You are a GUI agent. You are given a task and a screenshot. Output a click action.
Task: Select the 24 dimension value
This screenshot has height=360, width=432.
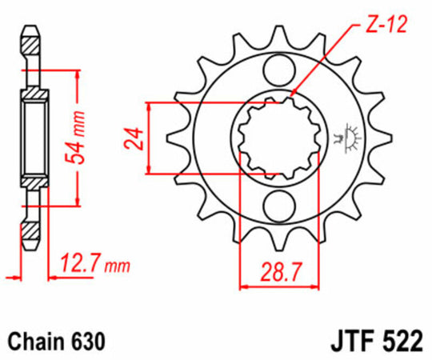pyautogui.click(x=133, y=137)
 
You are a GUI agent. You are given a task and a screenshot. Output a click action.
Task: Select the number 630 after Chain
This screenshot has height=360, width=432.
pyautogui.click(x=88, y=339)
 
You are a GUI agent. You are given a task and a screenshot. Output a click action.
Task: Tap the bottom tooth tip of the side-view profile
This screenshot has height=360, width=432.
pyautogui.click(x=30, y=244)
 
